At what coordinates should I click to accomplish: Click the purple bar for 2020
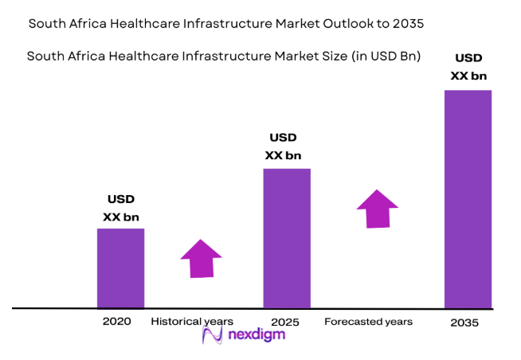[x=120, y=268]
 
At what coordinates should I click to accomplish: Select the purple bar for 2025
[x=287, y=237]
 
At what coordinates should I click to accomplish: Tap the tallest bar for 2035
[x=468, y=198]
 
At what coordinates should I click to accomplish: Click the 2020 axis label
[x=116, y=322]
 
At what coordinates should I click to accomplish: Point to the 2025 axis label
[x=284, y=322]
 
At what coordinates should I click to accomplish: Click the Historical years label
[x=192, y=322]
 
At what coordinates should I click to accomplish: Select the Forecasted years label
[x=368, y=322]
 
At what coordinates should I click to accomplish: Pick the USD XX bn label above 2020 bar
[x=120, y=208]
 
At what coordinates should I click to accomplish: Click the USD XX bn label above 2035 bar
[x=468, y=67]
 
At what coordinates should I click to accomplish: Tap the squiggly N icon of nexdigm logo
[x=213, y=335]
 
